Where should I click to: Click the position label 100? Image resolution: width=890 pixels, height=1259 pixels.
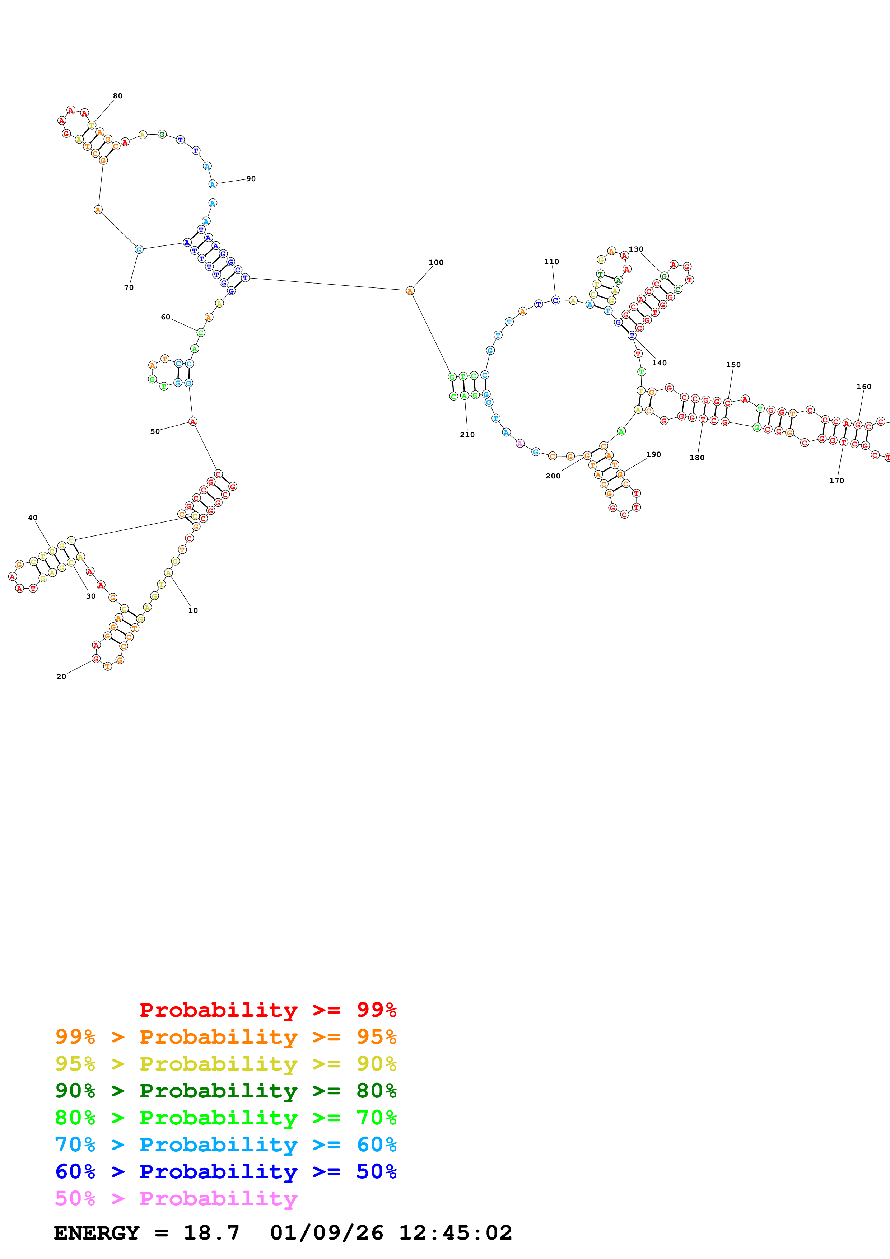[x=436, y=262]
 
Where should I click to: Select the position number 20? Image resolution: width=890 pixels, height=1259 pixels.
[x=61, y=677]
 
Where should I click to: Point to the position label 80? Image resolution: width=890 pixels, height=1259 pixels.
[x=118, y=96]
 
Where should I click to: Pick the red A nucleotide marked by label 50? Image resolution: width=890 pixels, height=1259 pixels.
[x=192, y=422]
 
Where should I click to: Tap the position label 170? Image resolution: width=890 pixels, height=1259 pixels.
[x=836, y=481]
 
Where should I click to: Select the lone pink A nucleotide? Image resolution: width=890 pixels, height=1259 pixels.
[x=520, y=444]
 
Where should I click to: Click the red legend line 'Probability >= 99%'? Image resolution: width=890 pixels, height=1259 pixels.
[x=267, y=1010]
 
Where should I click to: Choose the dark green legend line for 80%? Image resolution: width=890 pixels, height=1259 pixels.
[x=226, y=1091]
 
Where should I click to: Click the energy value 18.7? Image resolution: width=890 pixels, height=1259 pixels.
[x=212, y=1233]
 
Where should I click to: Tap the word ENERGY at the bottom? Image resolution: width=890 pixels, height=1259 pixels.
[x=97, y=1233]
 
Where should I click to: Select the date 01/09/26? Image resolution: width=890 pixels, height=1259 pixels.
[x=327, y=1233]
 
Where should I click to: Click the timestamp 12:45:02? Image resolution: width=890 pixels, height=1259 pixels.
[x=455, y=1233]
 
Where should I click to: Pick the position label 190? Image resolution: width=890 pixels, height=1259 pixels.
[x=654, y=455]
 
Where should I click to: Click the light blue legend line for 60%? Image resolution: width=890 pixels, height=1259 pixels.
[x=226, y=1145]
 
